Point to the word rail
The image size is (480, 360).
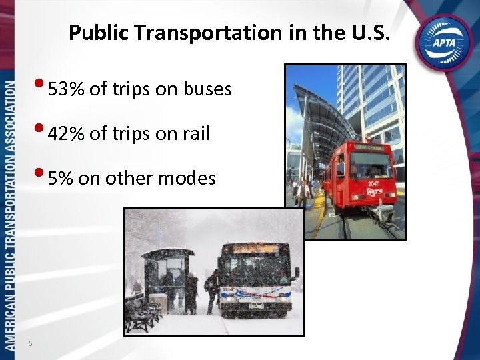tap(194, 134)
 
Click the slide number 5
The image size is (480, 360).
tap(31, 343)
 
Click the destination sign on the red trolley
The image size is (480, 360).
tap(371, 147)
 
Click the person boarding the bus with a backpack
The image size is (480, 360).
tap(213, 289)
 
